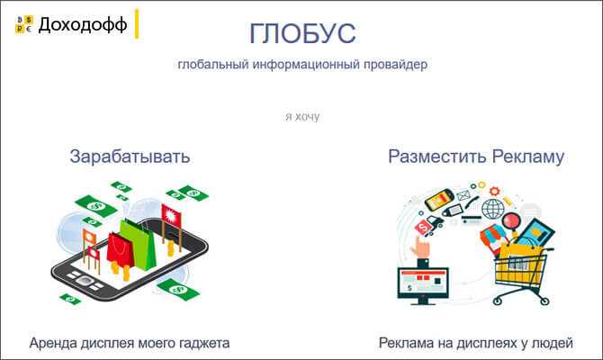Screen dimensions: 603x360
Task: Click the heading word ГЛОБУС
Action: tap(302, 34)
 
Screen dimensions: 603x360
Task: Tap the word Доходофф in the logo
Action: tap(83, 24)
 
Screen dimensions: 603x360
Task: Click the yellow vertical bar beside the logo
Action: tap(137, 23)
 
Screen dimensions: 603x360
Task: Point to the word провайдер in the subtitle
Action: tap(395, 64)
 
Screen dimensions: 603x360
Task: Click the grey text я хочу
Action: tap(302, 116)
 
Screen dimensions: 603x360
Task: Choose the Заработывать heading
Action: tap(130, 157)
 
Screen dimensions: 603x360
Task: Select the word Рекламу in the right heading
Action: tap(528, 157)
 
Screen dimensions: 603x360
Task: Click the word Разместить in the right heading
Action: tap(437, 157)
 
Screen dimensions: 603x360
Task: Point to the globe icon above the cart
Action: tap(492, 209)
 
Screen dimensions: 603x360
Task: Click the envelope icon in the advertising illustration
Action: tap(463, 196)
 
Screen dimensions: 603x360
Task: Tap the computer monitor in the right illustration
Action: tap(423, 284)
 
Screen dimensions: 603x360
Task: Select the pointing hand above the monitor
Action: tap(421, 247)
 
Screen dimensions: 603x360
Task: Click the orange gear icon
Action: tap(495, 191)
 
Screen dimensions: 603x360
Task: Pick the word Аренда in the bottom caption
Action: tap(53, 343)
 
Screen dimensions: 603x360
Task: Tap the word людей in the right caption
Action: tap(552, 344)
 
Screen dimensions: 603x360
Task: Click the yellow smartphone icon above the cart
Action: tap(439, 199)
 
